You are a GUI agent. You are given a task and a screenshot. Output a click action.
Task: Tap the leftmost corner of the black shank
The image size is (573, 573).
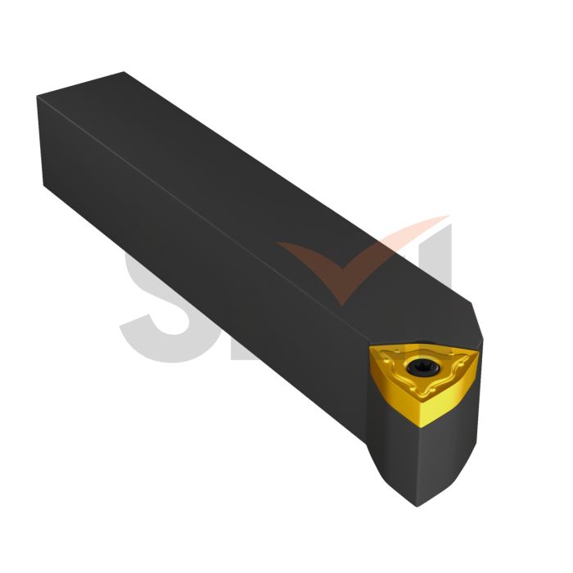coord(38,98)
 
